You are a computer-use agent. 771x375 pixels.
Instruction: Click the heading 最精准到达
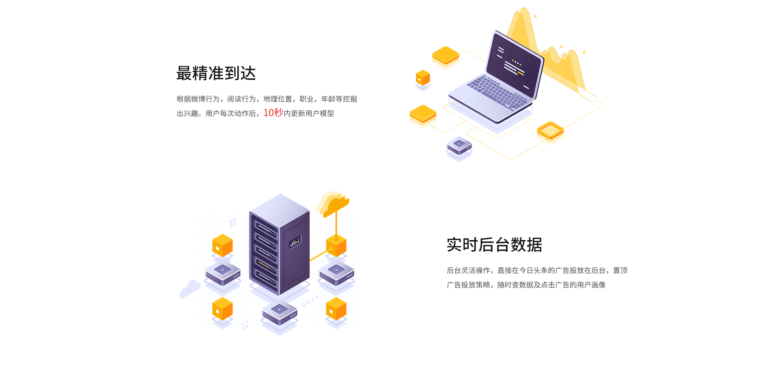(x=216, y=73)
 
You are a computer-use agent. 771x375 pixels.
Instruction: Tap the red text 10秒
(x=273, y=113)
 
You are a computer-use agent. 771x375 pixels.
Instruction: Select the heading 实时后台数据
(x=494, y=245)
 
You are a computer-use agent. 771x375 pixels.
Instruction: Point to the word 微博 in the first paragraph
(x=198, y=99)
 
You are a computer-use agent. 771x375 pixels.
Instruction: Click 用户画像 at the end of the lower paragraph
(x=591, y=285)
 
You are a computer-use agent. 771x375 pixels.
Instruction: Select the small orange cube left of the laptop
(x=423, y=77)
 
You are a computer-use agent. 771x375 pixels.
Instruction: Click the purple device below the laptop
(x=459, y=146)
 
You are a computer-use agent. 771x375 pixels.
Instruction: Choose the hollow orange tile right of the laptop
(x=550, y=131)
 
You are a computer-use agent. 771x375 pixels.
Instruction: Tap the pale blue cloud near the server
(x=190, y=288)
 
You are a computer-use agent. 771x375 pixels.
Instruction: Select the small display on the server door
(x=295, y=242)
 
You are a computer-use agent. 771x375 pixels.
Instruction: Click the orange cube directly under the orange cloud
(x=336, y=246)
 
